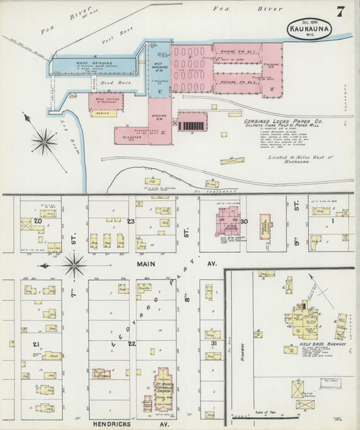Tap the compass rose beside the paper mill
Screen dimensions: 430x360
coord(43,141)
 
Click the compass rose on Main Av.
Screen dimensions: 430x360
coord(74,264)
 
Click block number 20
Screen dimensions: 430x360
coord(38,220)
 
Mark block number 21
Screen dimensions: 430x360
coord(35,344)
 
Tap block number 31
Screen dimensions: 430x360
coord(213,344)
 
